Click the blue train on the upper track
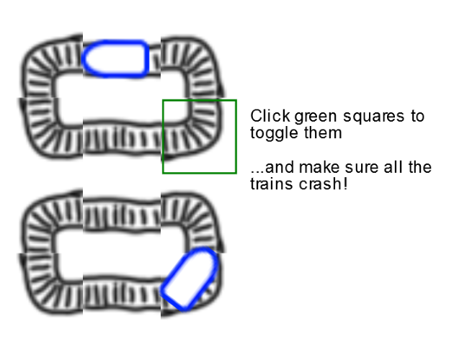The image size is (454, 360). (x=116, y=59)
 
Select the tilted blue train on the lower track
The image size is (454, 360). (x=190, y=279)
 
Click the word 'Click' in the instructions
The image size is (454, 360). (x=270, y=116)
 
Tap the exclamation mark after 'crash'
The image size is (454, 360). (x=344, y=184)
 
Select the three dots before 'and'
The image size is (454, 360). (x=257, y=172)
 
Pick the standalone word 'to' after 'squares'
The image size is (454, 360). (x=417, y=116)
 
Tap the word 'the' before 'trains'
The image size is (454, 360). (x=420, y=167)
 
